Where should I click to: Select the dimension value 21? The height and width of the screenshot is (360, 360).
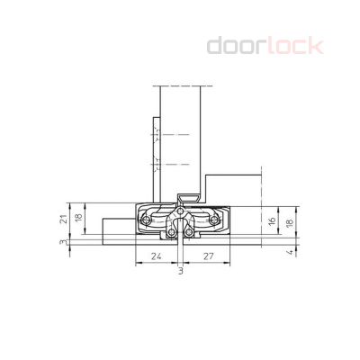tap(63, 219)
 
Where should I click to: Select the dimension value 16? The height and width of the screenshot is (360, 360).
tap(272, 220)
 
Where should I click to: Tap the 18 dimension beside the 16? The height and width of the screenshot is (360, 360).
tap(287, 220)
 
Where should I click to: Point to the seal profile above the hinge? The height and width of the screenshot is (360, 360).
tap(187, 196)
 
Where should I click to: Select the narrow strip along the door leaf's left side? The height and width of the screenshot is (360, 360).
tap(155, 144)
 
